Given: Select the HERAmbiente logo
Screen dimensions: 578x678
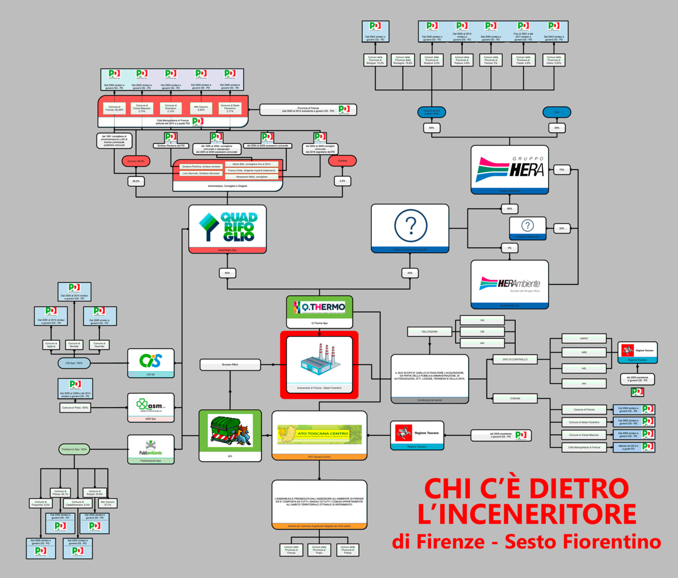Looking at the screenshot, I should click(x=510, y=283).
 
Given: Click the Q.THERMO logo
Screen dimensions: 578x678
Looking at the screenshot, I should click(x=319, y=308).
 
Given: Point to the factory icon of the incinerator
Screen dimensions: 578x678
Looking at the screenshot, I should click(x=319, y=358).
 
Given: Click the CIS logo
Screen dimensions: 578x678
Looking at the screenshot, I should click(x=151, y=360).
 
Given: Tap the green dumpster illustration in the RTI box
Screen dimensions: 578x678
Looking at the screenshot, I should click(x=230, y=431).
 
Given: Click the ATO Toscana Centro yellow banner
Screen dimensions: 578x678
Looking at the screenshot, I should click(x=320, y=433).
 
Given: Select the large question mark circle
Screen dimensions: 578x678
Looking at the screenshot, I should click(x=410, y=226).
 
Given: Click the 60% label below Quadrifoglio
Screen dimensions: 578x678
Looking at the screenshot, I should click(x=228, y=273).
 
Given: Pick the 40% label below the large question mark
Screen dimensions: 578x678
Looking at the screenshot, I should click(x=410, y=273).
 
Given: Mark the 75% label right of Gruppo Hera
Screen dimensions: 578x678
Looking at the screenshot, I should click(x=562, y=169).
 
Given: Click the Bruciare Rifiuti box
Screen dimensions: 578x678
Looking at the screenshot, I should click(x=230, y=365).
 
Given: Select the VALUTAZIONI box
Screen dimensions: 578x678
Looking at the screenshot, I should click(x=429, y=331).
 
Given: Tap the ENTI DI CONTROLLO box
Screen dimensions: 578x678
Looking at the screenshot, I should click(x=515, y=359).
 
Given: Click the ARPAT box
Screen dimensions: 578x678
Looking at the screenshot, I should click(x=584, y=339).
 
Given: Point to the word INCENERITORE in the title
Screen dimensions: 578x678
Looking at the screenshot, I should click(x=527, y=514).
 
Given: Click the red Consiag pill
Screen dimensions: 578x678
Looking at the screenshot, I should click(x=342, y=161).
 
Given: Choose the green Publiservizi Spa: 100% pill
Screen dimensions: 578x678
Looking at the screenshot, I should click(x=75, y=449).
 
